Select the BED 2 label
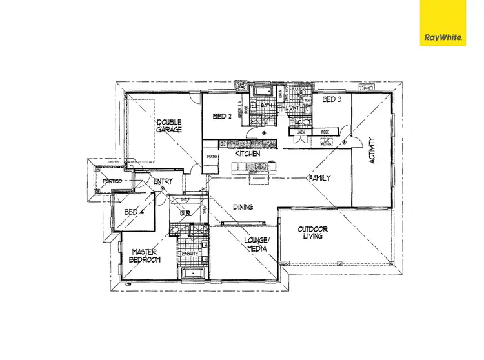222,117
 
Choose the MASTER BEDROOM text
146,255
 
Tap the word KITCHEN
247,154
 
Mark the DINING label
243,207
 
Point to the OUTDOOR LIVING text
313,233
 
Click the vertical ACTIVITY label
372,150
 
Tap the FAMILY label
320,178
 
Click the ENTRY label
163,182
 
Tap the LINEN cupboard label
301,132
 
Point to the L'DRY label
294,108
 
